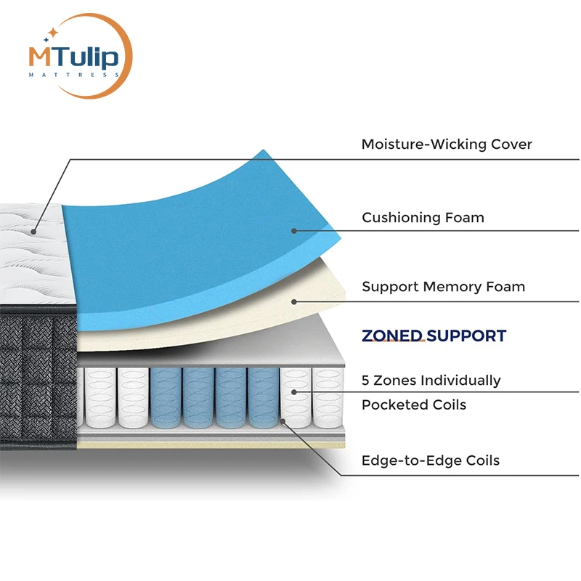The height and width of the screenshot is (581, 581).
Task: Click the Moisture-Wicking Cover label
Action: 447,145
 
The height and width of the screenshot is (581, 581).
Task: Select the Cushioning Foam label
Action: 423,217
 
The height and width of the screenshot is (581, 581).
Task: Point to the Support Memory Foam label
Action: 443,287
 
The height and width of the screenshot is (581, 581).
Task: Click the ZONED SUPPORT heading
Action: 434,336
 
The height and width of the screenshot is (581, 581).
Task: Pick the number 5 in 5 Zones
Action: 366,381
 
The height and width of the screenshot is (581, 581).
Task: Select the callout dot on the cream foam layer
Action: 294,301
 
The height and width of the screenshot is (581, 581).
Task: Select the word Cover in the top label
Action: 508,145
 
